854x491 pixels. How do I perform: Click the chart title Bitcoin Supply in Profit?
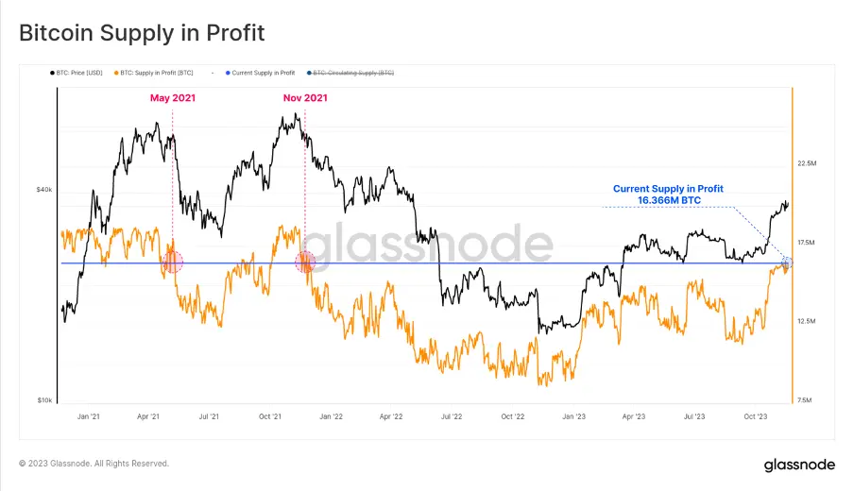142,33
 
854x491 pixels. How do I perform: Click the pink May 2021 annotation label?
173,97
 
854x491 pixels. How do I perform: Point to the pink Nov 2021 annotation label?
305,97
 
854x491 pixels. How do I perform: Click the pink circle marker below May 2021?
173,262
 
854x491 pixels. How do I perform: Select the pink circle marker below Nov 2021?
305,262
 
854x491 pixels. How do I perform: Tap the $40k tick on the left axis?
44,189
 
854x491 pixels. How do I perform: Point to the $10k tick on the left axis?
44,400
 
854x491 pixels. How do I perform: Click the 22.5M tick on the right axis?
807,163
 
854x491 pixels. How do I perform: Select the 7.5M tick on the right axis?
807,400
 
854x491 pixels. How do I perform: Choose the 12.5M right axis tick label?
807,321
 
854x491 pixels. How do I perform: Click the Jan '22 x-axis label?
331,415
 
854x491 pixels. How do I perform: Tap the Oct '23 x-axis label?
757,415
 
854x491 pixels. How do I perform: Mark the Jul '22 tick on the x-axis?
452,415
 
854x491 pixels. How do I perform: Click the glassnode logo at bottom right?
798,465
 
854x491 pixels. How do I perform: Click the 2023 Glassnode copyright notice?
94,464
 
